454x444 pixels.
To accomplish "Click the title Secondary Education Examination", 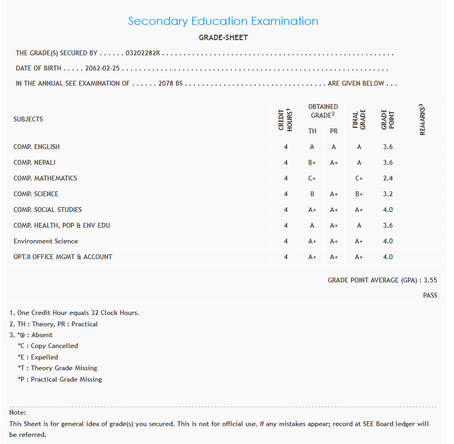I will click(x=223, y=21).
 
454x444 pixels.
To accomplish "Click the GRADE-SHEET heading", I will click(x=223, y=38).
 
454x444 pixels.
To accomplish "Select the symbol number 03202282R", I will click(x=144, y=53).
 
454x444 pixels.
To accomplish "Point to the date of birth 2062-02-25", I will click(x=102, y=69).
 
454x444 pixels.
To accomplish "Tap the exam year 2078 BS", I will click(x=170, y=83).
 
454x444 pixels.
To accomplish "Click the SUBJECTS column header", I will click(x=28, y=119).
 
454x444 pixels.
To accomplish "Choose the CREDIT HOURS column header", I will click(x=286, y=119).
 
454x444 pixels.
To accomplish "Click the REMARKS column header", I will click(x=422, y=119).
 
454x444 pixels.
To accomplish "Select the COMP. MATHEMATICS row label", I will click(x=45, y=178).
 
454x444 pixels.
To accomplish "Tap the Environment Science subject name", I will click(x=46, y=241).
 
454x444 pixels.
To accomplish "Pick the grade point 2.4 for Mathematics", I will click(x=387, y=178).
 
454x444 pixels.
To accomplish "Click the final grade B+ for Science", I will click(x=359, y=194).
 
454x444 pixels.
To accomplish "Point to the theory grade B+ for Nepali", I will click(x=312, y=163).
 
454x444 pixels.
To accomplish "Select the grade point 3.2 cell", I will click(x=387, y=194).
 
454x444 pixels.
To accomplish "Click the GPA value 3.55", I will click(x=430, y=280).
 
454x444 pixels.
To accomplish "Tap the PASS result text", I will click(x=430, y=295).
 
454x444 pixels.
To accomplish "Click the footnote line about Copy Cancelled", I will click(x=48, y=346).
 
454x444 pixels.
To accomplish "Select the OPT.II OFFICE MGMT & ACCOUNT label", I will click(x=63, y=257).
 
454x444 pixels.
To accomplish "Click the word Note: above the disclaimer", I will click(x=18, y=413).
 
